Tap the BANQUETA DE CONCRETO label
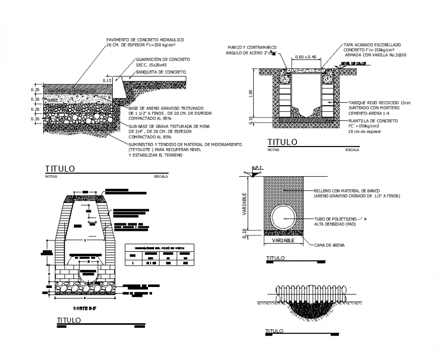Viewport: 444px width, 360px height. coord(161,72)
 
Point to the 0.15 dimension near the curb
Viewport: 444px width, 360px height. coord(107,81)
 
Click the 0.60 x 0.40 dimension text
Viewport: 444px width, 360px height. coord(306,56)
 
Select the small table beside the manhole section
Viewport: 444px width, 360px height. coord(159,254)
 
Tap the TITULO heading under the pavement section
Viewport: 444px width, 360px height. coord(60,169)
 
